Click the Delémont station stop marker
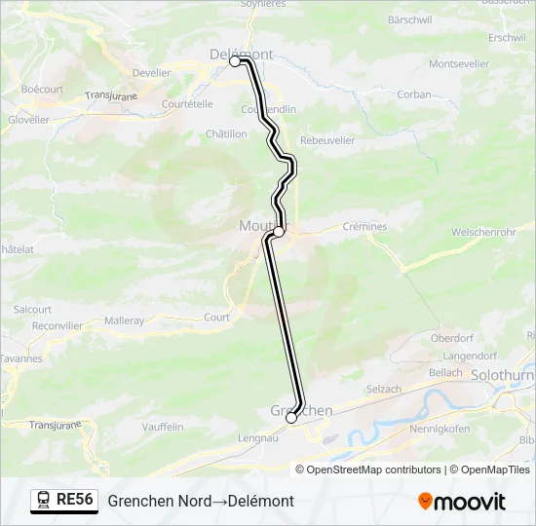click(235, 61)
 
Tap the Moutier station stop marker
click(279, 232)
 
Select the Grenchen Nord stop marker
click(291, 418)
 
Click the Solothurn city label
click(500, 375)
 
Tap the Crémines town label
click(365, 227)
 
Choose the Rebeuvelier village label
click(326, 140)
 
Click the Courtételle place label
click(187, 104)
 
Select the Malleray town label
click(125, 320)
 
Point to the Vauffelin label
click(162, 427)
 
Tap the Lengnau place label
click(257, 439)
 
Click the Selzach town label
click(383, 389)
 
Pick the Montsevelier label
click(459, 63)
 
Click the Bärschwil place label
click(409, 19)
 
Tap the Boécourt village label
click(42, 89)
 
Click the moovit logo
click(462, 502)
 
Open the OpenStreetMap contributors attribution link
click(374, 470)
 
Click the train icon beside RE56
click(43, 501)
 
